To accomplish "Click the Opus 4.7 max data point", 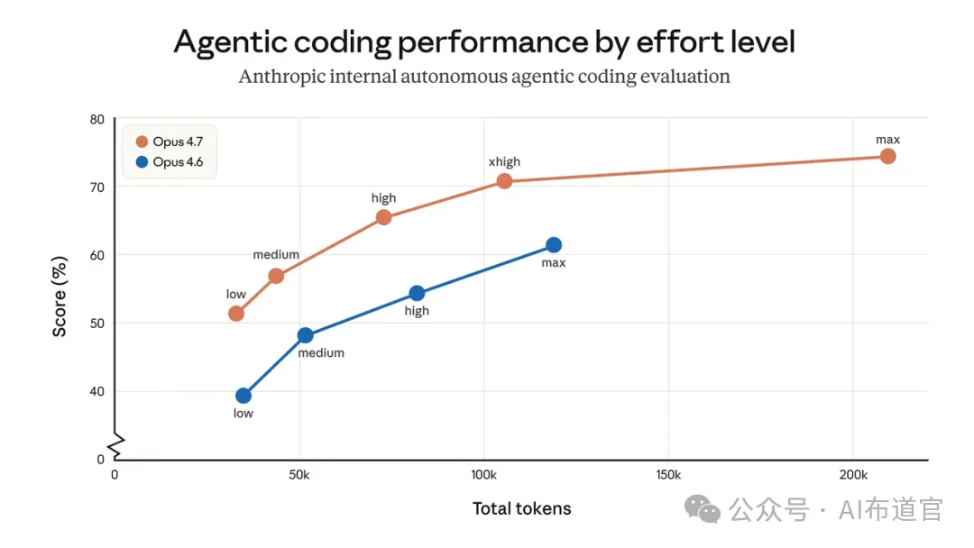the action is click(887, 157).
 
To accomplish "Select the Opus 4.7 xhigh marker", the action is click(504, 181).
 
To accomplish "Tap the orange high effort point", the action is click(384, 217).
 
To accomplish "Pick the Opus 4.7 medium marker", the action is click(277, 276).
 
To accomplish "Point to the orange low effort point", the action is click(236, 314).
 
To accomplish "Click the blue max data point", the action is click(554, 245).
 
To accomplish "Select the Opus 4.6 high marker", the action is click(417, 293).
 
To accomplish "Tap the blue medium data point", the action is click(305, 335).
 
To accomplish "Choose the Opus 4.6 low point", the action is click(243, 396).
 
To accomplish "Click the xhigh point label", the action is click(504, 162).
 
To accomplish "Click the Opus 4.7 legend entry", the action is click(170, 142).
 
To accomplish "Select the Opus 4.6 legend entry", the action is click(170, 162).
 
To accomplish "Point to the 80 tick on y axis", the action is click(96, 119).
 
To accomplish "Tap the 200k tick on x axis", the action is click(853, 475).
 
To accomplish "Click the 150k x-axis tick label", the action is click(668, 475).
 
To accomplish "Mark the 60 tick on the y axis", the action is click(96, 255).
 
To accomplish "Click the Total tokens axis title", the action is click(522, 508).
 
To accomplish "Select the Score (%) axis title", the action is click(59, 297).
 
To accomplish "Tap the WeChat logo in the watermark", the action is click(702, 509).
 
